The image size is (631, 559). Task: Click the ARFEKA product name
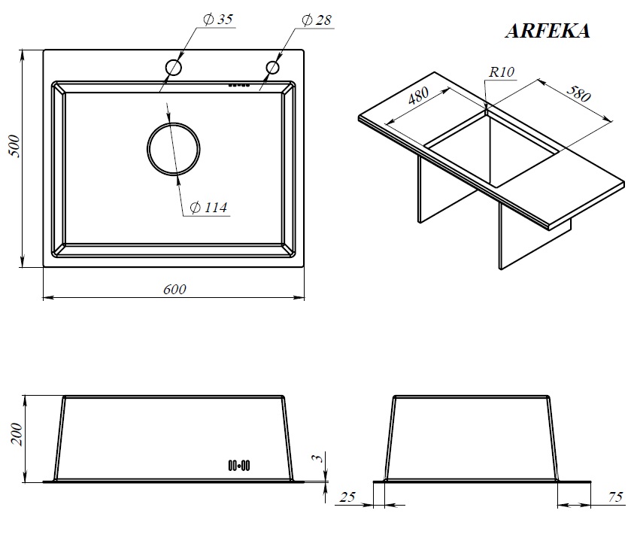pyautogui.click(x=548, y=31)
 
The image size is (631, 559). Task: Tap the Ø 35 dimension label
pyautogui.click(x=218, y=20)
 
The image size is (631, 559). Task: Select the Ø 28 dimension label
pyautogui.click(x=317, y=20)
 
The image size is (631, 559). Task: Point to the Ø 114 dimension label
pyautogui.click(x=208, y=207)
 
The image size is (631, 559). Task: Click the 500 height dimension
pyautogui.click(x=14, y=147)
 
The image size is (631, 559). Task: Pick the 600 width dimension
pyautogui.click(x=174, y=290)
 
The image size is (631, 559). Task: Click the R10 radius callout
pyautogui.click(x=502, y=72)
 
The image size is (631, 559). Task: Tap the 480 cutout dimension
pyautogui.click(x=418, y=96)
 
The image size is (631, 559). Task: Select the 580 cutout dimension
pyautogui.click(x=578, y=94)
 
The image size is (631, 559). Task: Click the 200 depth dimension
pyautogui.click(x=17, y=434)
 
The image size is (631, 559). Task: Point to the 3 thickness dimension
pyautogui.click(x=318, y=458)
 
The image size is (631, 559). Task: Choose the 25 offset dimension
pyautogui.click(x=347, y=497)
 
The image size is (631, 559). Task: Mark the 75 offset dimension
pyautogui.click(x=615, y=497)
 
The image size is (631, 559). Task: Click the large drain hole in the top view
pyautogui.click(x=174, y=123)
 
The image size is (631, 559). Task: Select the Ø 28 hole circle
pyautogui.click(x=272, y=61)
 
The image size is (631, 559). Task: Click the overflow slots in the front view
pyautogui.click(x=239, y=466)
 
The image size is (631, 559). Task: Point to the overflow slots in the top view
pyautogui.click(x=239, y=85)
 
